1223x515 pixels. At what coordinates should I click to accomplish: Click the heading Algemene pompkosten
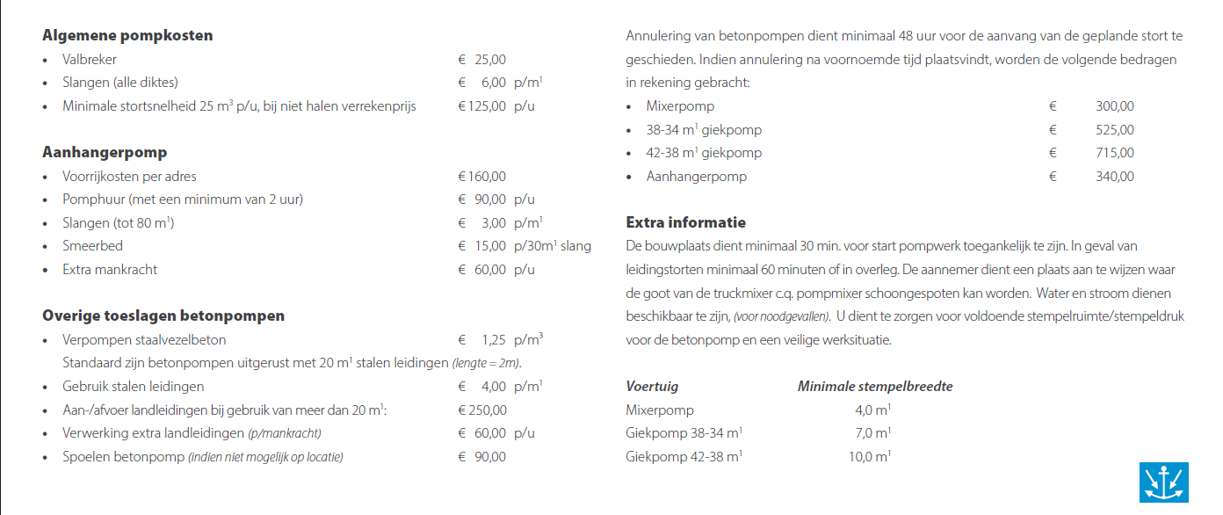(x=127, y=36)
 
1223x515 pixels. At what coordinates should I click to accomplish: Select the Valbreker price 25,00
(x=490, y=60)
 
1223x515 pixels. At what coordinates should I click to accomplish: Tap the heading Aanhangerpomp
(x=105, y=152)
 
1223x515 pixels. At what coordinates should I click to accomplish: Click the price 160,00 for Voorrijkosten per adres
(x=482, y=176)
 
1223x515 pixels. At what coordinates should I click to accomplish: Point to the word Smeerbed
(x=92, y=246)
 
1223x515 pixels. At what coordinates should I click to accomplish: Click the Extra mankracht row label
(x=110, y=270)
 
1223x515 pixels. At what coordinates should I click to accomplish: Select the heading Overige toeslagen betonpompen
(x=163, y=316)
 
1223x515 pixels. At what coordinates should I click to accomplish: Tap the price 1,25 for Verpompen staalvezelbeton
(x=493, y=340)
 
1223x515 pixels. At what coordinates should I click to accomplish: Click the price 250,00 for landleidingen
(x=482, y=410)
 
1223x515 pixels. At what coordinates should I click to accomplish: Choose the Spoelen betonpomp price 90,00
(x=490, y=457)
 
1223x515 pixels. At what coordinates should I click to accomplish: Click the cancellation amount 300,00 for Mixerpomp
(x=1115, y=106)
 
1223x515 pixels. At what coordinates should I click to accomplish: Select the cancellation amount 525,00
(x=1115, y=130)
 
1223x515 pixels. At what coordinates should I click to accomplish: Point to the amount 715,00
(x=1115, y=153)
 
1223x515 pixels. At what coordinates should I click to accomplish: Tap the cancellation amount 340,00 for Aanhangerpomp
(x=1115, y=177)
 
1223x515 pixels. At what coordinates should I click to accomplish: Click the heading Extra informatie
(x=685, y=222)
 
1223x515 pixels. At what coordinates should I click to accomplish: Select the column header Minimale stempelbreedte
(x=875, y=386)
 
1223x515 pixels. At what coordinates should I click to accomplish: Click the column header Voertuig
(x=652, y=386)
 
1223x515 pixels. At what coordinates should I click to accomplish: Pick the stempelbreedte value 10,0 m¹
(x=870, y=457)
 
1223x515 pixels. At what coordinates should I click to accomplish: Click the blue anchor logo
(x=1163, y=482)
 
